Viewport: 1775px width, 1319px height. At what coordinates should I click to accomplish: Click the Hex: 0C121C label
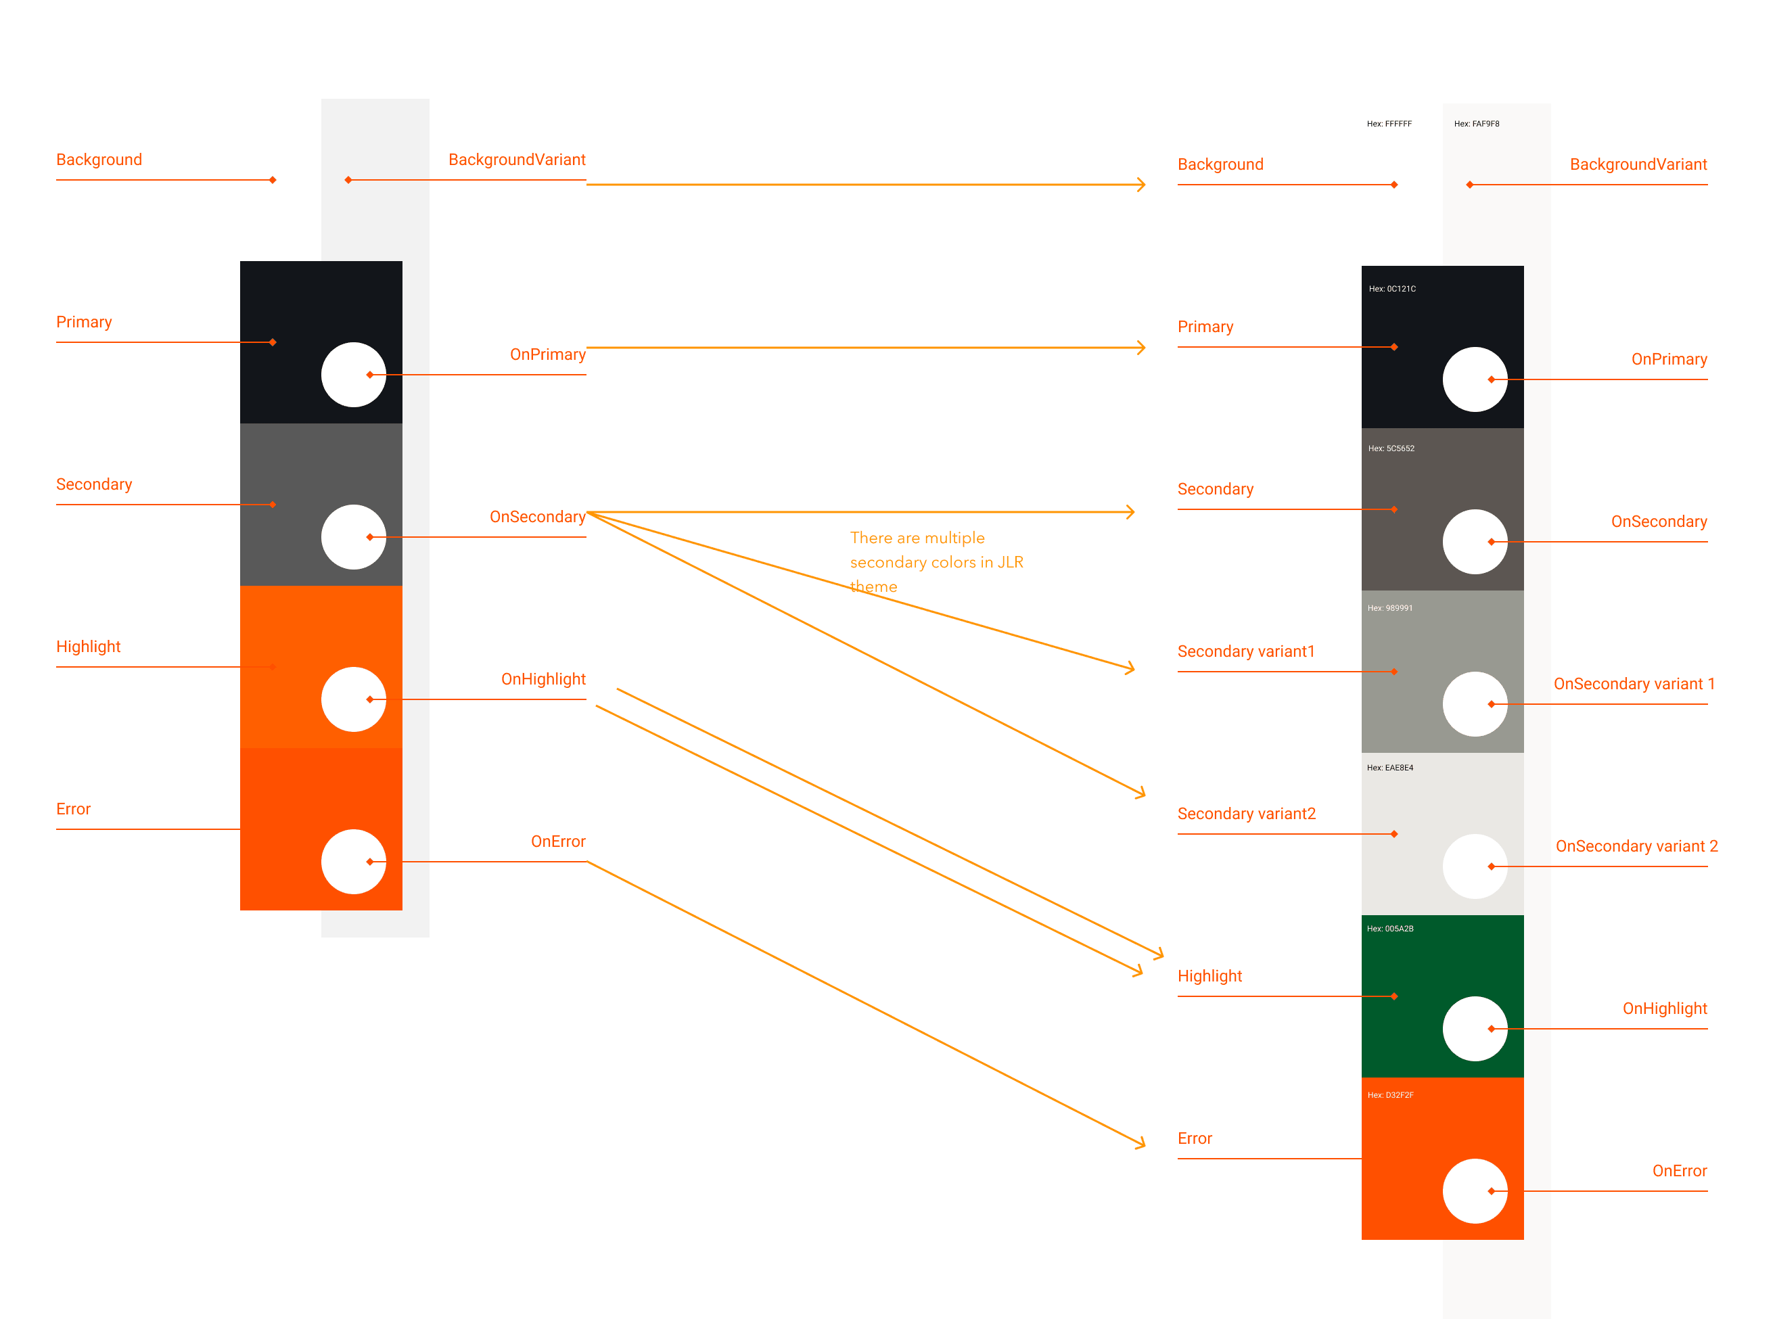click(x=1391, y=289)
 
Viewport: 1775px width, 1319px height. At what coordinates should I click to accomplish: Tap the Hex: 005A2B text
click(x=1390, y=929)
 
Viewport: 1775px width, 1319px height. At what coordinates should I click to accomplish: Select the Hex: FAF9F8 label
click(x=1477, y=124)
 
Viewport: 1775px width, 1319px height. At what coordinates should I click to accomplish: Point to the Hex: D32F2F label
click(x=1390, y=1094)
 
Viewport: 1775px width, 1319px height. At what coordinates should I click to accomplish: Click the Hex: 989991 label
click(x=1389, y=608)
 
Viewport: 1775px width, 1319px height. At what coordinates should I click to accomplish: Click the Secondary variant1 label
click(x=1245, y=651)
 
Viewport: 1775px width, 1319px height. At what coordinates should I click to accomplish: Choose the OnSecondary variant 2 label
click(x=1636, y=846)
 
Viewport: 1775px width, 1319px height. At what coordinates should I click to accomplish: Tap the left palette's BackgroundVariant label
click(x=517, y=160)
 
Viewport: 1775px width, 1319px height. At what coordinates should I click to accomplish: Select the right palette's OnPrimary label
click(x=1669, y=359)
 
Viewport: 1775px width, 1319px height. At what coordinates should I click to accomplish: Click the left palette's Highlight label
click(x=89, y=647)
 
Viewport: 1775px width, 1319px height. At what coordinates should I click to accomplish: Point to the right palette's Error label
click(x=1195, y=1138)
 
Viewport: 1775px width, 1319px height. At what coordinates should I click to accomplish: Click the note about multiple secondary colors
click(x=936, y=562)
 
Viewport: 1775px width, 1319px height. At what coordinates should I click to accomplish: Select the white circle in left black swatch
click(x=354, y=375)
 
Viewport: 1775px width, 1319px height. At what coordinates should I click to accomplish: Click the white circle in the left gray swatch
click(x=354, y=536)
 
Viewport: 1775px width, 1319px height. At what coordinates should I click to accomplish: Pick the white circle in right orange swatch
click(x=1475, y=1190)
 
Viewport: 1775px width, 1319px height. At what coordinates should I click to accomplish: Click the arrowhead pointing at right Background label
click(x=1142, y=185)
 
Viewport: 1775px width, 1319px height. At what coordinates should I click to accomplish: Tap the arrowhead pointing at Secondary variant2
click(x=1142, y=793)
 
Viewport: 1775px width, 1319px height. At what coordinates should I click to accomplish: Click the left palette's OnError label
click(x=557, y=841)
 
